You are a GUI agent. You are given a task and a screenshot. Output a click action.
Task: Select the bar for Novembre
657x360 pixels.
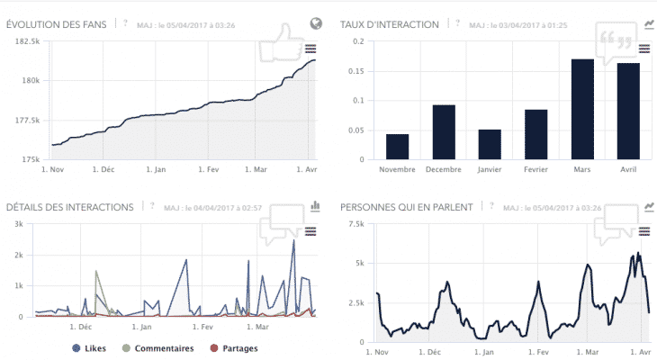click(398, 147)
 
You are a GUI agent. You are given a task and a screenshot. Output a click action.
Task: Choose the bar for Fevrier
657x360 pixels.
click(536, 135)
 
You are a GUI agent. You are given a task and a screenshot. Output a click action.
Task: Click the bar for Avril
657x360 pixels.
click(628, 112)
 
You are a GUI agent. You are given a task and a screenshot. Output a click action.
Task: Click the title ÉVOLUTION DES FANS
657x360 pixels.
click(57, 23)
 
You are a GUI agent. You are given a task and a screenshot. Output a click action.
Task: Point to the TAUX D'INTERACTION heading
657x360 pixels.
click(390, 23)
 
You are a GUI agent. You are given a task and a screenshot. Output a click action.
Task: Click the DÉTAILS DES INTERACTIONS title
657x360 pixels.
click(69, 207)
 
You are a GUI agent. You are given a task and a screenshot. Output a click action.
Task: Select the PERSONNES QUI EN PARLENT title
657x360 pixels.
click(407, 207)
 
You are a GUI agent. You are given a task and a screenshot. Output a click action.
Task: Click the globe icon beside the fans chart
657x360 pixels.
click(316, 23)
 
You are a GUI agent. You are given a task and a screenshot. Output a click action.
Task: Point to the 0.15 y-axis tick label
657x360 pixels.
click(357, 70)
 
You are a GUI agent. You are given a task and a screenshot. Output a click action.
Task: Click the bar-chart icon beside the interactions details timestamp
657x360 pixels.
click(315, 206)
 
